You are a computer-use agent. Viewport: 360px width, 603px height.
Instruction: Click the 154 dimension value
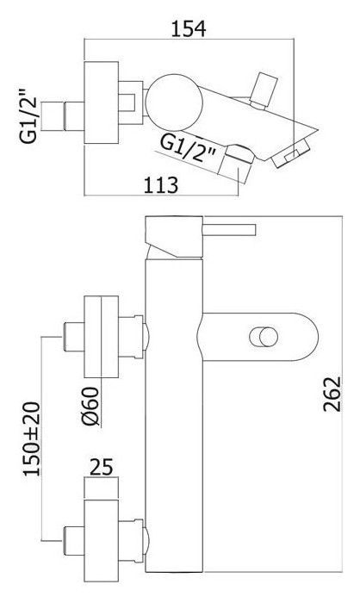point(188,29)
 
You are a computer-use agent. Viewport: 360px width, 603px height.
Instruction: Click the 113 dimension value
point(161,185)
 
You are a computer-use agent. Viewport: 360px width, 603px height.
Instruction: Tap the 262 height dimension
point(332,394)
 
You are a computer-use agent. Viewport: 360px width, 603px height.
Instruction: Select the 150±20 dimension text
point(32,438)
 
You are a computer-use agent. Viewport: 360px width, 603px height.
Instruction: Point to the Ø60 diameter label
point(91,407)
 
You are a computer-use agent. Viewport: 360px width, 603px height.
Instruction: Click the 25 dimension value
point(102,467)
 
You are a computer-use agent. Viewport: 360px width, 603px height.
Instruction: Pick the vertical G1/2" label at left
point(29,115)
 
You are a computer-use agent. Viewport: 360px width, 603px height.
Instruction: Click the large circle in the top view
point(174,102)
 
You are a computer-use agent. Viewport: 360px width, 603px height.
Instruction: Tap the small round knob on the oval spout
point(264,338)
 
